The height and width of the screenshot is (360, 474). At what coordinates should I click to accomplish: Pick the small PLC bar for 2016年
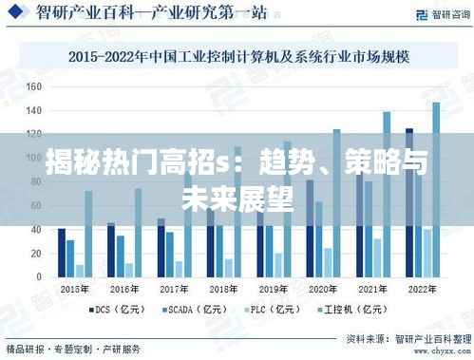tap(129, 270)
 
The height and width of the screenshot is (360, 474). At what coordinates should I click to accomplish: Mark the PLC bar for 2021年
tap(377, 257)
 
